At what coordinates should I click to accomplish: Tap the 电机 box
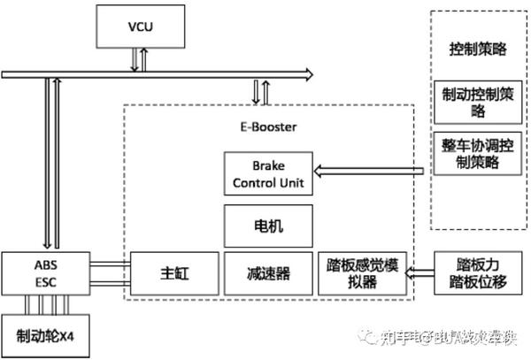click(269, 226)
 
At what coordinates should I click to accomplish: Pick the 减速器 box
click(269, 273)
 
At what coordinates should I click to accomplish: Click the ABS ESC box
click(50, 272)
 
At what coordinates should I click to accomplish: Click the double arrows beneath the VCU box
click(137, 59)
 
